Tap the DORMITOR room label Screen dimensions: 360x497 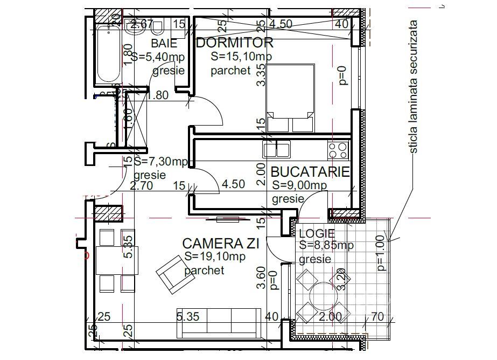tap(235, 43)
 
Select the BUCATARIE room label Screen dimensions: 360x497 tap(310, 172)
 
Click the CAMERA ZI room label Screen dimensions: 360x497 tap(221, 244)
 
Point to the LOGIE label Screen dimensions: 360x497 tap(317, 233)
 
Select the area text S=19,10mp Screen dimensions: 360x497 tap(214, 257)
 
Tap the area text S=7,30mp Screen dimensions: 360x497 tap(164, 161)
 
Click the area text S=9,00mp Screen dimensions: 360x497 tap(299, 185)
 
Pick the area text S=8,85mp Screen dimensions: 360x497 tap(326, 245)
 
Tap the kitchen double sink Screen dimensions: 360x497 tap(277, 149)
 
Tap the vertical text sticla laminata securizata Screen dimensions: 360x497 tap(414, 86)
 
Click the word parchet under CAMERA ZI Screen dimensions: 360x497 tap(204, 270)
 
